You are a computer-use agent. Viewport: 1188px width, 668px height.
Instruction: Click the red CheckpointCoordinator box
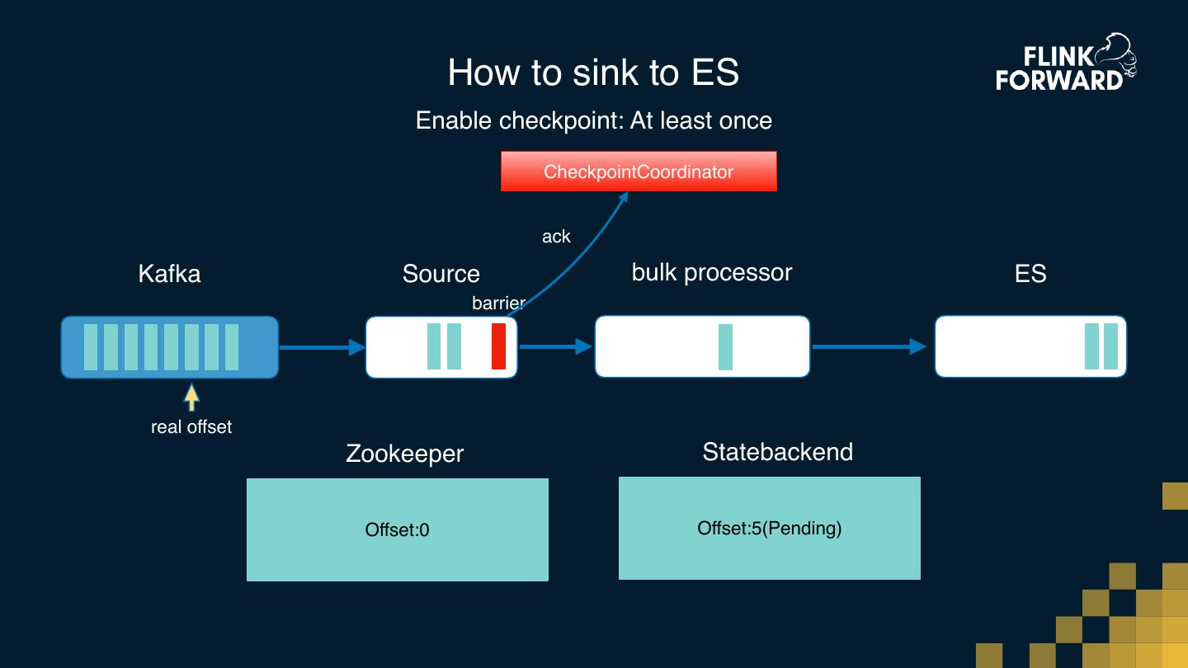click(x=639, y=172)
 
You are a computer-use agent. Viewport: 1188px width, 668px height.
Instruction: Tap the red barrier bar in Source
click(x=498, y=346)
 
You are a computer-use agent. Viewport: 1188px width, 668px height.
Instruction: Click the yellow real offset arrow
click(x=191, y=398)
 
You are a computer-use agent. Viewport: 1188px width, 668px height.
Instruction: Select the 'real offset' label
click(x=191, y=427)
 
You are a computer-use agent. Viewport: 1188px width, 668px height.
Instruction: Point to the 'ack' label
click(x=556, y=237)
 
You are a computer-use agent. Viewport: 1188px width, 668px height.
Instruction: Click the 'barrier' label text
click(x=498, y=303)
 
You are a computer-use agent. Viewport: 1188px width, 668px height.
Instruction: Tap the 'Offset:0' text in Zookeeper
click(x=397, y=529)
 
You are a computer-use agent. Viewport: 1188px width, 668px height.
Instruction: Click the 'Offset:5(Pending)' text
click(x=769, y=528)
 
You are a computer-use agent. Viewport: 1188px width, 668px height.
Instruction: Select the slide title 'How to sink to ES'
click(x=593, y=73)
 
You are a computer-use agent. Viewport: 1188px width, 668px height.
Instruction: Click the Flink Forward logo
click(x=1065, y=63)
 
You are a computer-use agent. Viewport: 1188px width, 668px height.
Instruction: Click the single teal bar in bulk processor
click(x=725, y=346)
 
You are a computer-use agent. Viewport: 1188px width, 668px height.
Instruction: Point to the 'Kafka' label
click(x=169, y=273)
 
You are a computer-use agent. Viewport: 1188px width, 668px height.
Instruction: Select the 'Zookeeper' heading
click(x=404, y=454)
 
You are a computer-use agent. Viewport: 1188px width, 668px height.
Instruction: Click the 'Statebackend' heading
click(x=777, y=452)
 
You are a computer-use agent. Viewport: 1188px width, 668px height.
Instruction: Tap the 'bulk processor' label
click(x=711, y=273)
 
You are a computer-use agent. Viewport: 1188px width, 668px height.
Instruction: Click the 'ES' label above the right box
click(x=1030, y=274)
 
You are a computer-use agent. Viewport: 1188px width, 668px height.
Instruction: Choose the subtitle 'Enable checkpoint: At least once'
click(x=593, y=120)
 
